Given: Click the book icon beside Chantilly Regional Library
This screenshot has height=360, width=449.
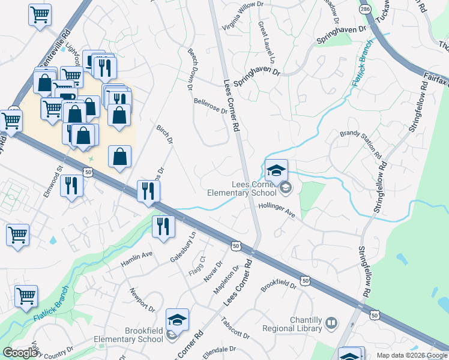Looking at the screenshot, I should pyautogui.click(x=331, y=324).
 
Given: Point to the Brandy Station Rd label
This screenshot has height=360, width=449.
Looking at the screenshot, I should pyautogui.click(x=361, y=144).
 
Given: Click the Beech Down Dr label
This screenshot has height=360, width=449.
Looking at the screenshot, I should pyautogui.click(x=188, y=70).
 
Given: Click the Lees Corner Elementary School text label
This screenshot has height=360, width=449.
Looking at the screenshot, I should pyautogui.click(x=241, y=189).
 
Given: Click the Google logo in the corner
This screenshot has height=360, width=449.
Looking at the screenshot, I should pyautogui.click(x=21, y=352).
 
